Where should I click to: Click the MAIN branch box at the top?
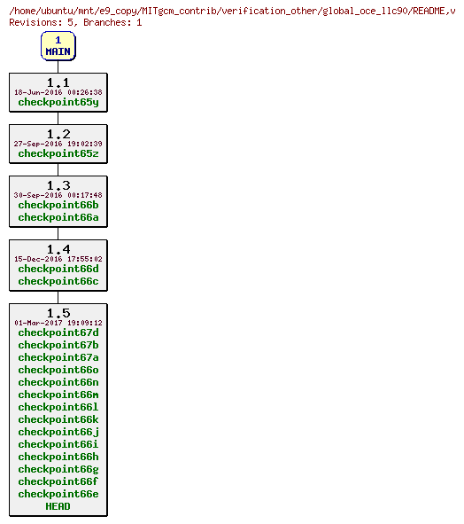(58, 46)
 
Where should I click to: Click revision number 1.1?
(58, 82)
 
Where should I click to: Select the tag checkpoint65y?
(58, 102)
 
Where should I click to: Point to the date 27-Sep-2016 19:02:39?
(58, 144)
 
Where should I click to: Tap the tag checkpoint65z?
(58, 153)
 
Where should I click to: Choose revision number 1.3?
(58, 185)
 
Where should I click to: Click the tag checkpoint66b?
(58, 205)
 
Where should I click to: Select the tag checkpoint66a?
(58, 217)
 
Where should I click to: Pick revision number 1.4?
(58, 249)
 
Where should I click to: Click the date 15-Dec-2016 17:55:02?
(58, 259)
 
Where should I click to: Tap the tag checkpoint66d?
(58, 269)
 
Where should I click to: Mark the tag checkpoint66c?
(58, 281)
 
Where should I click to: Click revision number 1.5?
(58, 313)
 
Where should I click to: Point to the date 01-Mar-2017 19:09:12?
(58, 323)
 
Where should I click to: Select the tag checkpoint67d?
(58, 332)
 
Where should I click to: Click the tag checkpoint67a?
(58, 357)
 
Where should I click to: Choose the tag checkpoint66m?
(58, 395)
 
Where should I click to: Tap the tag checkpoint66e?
(58, 494)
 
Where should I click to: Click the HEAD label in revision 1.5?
(58, 506)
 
